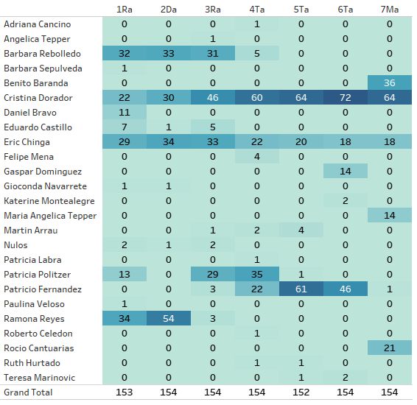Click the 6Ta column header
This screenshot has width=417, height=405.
pos(346,10)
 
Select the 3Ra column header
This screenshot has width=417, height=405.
pos(212,10)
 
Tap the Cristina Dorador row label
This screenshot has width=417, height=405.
pos(38,98)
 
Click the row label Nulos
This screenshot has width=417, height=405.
pos(15,245)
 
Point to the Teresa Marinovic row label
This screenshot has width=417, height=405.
pos(39,378)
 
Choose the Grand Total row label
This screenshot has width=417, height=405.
pos(28,392)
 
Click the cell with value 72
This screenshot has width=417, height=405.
pos(346,98)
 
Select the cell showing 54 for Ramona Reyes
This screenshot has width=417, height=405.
pos(168,319)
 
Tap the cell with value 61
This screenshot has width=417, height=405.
pos(301,289)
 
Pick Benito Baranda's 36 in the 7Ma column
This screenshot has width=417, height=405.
pos(389,83)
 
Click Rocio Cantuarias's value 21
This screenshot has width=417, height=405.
pos(389,348)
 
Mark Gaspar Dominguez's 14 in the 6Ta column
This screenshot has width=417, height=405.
pos(346,172)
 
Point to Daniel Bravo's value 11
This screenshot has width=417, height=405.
pos(125,113)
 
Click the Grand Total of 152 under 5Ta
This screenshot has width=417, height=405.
pos(301,392)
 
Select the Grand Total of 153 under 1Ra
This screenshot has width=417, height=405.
pos(125,392)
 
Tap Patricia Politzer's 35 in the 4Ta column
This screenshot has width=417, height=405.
pos(257,275)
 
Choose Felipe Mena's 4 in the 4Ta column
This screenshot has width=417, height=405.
pos(257,157)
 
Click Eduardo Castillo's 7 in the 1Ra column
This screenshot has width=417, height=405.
pos(125,127)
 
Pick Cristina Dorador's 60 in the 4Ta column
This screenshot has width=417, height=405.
pos(257,98)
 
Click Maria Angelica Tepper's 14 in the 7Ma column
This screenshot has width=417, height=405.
pos(389,216)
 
